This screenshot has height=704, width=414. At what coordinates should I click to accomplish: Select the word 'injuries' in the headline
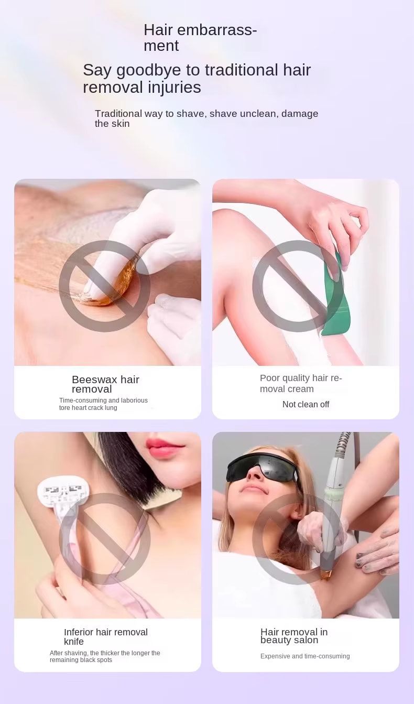point(175,87)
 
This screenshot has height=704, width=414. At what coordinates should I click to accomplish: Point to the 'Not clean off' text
point(306,404)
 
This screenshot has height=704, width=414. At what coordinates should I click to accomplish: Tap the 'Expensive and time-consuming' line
point(305,656)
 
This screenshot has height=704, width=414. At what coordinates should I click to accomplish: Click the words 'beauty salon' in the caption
point(289,640)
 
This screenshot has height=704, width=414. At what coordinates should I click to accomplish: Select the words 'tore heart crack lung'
point(88,408)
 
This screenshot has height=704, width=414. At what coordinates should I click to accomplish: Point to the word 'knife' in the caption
point(74,642)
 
